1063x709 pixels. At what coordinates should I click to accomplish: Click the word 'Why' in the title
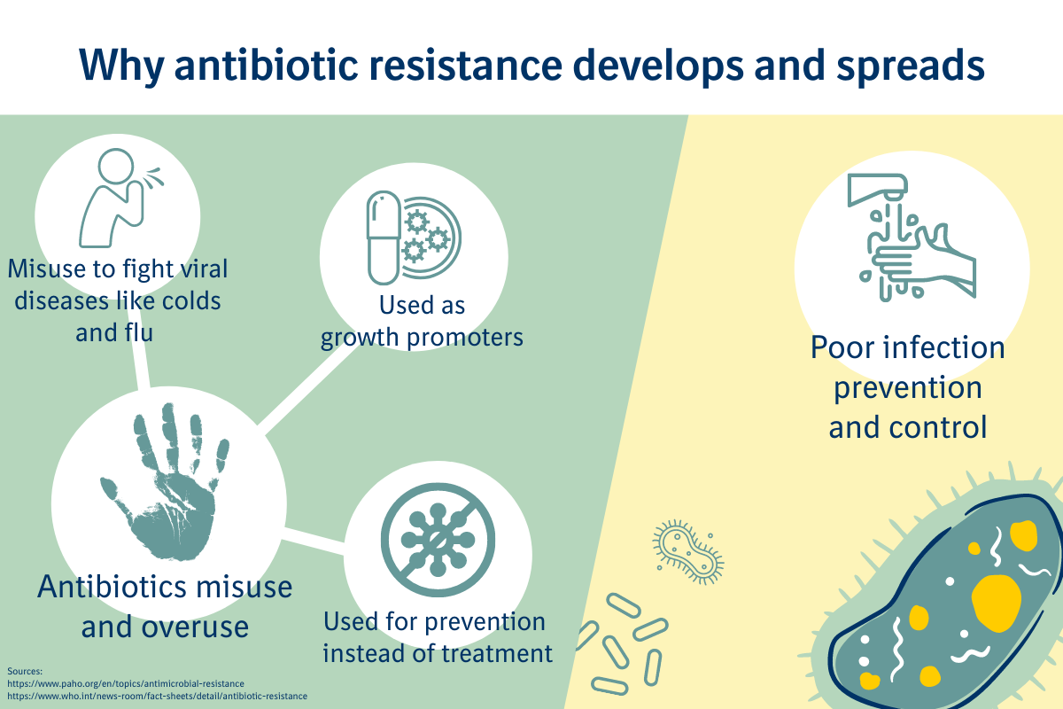click(x=121, y=66)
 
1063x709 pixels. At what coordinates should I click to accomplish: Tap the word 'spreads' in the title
click(x=911, y=66)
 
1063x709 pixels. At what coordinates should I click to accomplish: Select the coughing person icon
click(x=121, y=198)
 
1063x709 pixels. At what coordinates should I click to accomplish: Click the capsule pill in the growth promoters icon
click(x=384, y=238)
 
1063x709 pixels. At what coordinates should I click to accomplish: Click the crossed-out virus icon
click(x=438, y=540)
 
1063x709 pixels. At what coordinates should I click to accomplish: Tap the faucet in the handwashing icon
click(x=878, y=188)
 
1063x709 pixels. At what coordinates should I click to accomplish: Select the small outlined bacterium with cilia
click(x=688, y=551)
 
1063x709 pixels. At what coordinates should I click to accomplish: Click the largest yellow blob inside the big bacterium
click(x=996, y=603)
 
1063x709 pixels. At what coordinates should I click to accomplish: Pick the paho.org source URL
click(x=126, y=683)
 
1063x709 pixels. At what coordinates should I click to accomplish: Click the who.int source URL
click(x=157, y=697)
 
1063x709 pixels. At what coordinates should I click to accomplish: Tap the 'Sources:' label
click(x=25, y=671)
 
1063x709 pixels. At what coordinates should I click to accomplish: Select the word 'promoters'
click(x=464, y=338)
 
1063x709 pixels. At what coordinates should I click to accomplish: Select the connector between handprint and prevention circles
click(x=314, y=541)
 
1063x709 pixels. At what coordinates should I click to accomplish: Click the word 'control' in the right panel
click(x=938, y=427)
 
